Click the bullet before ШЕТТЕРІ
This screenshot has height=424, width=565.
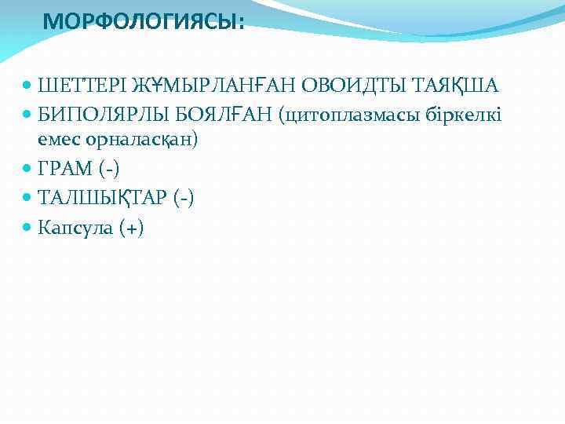point(28,85)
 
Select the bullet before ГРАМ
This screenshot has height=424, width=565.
point(28,169)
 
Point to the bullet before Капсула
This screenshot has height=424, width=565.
point(28,228)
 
